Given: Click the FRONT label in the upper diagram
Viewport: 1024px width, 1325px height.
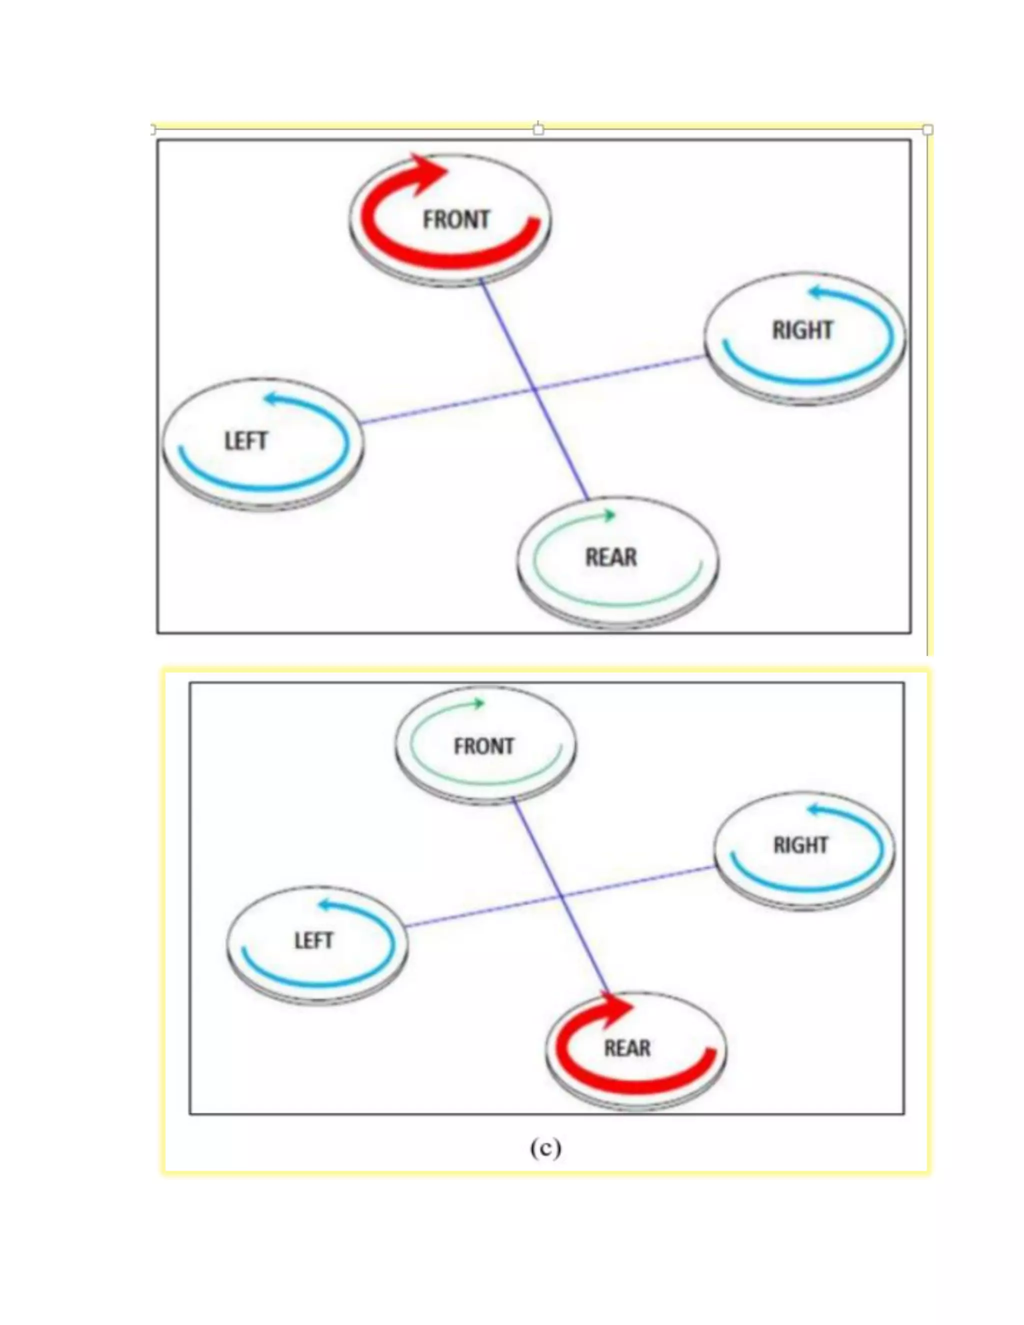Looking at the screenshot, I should pos(456,219).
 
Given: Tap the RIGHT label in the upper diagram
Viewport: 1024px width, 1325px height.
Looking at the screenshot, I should pos(802,330).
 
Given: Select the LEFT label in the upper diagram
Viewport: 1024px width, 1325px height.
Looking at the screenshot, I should pos(246,441).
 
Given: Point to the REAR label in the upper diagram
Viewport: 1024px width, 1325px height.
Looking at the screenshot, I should pos(611,557).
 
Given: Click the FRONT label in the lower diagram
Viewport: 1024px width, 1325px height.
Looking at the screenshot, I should pos(484,746).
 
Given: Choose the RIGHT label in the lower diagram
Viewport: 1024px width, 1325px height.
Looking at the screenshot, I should pos(801,845).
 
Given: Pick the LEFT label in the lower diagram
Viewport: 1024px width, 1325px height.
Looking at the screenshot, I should pos(314,941).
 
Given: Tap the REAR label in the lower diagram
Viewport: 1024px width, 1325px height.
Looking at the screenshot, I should pos(627,1048).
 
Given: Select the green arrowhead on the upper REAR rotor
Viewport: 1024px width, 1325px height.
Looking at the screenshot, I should pos(609,515).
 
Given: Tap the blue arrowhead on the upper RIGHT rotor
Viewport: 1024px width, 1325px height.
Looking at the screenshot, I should pos(814,292).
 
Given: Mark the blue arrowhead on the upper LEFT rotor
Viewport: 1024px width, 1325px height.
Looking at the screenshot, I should pos(270,398).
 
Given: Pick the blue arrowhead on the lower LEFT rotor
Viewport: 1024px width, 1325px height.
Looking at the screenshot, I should pos(324,905).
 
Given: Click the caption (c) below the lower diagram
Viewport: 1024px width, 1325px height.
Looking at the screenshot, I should pos(545,1148).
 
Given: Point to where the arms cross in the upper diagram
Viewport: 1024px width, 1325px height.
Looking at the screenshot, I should pos(534,388).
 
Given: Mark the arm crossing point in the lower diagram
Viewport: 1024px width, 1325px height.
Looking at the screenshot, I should pos(561,895).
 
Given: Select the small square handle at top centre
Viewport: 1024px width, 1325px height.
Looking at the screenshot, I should pos(538,129).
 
